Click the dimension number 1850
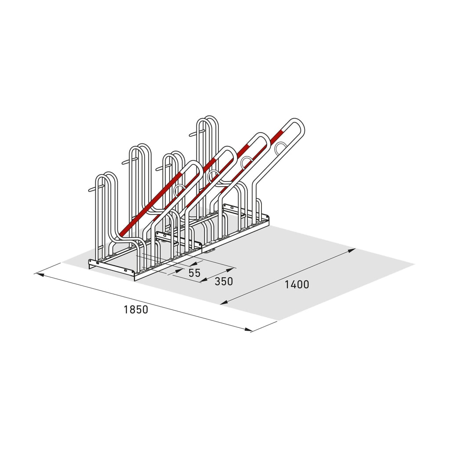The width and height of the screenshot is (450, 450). pos(136,310)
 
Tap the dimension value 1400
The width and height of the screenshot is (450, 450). pos(297,284)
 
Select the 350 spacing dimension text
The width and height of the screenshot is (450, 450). pos(224,282)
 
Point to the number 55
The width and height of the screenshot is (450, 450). pos(194,272)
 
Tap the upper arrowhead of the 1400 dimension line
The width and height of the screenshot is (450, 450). pos(352,250)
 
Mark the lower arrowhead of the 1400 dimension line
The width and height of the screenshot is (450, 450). pos(224,302)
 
